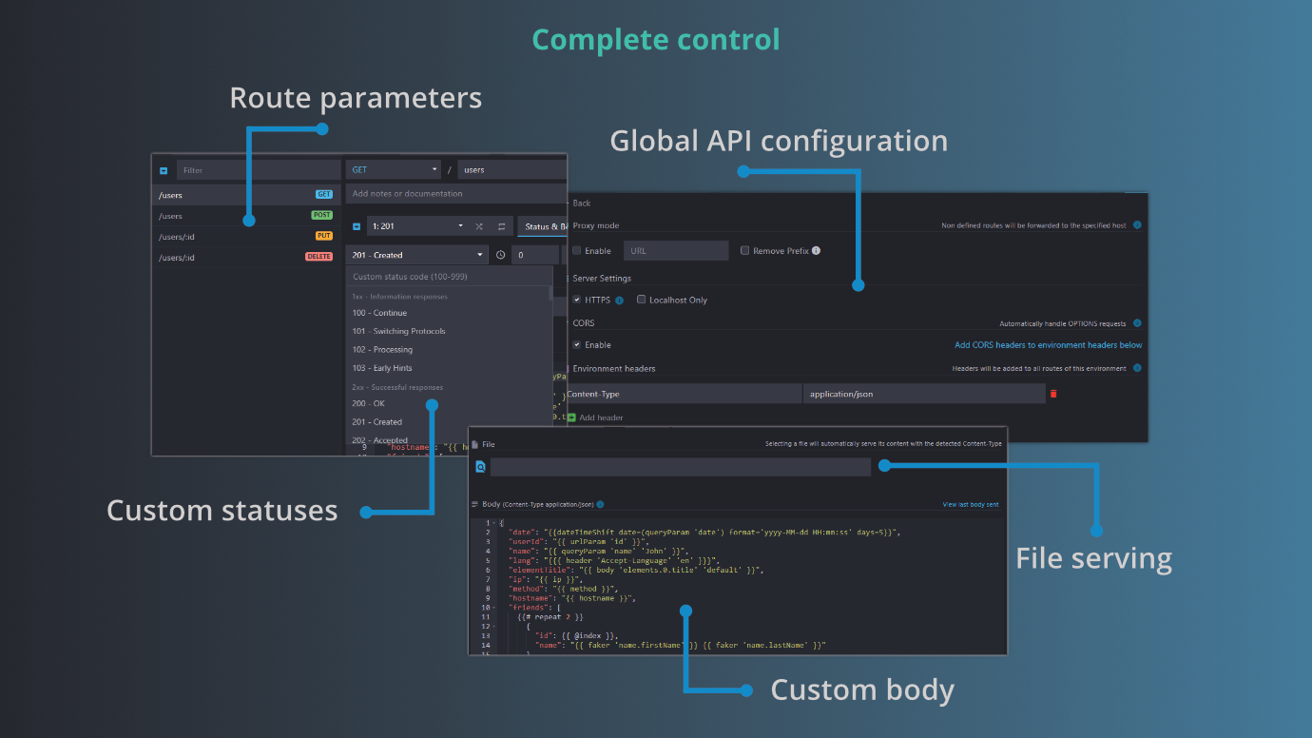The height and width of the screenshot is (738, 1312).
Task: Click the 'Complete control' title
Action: click(656, 40)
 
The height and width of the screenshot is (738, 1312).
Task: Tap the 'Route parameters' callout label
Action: click(356, 98)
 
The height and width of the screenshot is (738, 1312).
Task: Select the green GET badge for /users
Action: click(323, 195)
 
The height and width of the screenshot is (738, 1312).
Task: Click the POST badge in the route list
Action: click(321, 216)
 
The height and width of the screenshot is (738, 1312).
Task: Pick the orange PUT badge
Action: click(323, 237)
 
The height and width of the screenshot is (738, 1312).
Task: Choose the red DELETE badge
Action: click(318, 257)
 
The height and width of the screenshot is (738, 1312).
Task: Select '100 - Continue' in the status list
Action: click(379, 313)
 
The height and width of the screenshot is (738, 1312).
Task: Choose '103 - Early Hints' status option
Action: click(382, 368)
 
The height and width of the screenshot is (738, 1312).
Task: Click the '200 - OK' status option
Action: click(368, 404)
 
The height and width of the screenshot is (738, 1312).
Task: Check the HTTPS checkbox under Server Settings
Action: click(577, 300)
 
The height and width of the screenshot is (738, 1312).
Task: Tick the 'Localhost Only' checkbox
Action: click(642, 300)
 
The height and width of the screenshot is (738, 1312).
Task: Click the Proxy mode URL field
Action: click(676, 251)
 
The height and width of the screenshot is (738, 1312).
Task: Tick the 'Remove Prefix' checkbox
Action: click(745, 251)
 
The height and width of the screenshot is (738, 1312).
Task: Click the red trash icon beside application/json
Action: click(1053, 394)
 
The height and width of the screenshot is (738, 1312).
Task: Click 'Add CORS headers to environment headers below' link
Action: click(1048, 345)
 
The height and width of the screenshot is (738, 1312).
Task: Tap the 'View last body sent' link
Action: click(970, 505)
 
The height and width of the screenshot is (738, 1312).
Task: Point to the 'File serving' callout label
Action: click(1093, 558)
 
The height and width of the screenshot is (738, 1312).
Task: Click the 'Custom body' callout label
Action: click(861, 689)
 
